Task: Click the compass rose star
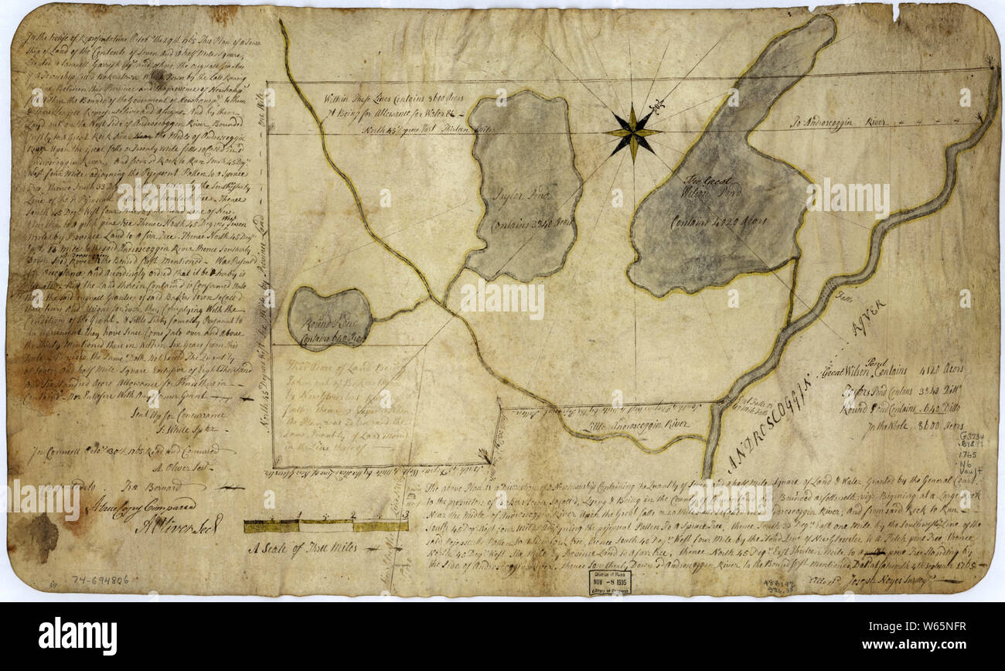click(x=632, y=132)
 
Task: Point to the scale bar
click(x=325, y=526)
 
